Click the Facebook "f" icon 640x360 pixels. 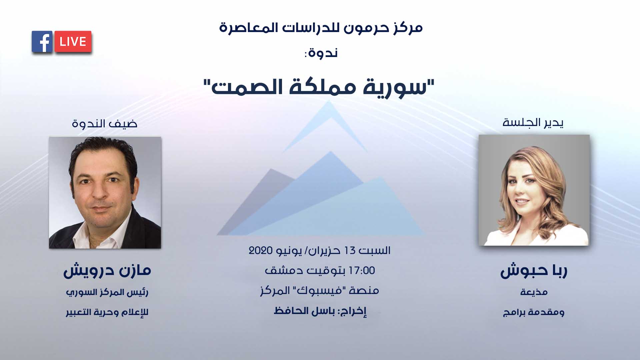42,42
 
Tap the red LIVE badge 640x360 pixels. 73,42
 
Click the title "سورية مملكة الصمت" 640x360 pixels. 319,87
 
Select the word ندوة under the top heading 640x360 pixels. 323,53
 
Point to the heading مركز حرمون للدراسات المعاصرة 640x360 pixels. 321,28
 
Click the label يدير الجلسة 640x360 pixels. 533,123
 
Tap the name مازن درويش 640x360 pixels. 107,271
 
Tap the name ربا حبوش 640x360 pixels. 534,271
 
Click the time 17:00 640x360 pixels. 362,271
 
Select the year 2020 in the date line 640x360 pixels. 261,250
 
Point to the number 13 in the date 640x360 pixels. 350,250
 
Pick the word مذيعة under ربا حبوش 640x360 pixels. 534,292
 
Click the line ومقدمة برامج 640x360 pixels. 534,312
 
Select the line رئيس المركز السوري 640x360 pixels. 107,293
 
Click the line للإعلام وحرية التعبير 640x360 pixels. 107,312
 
